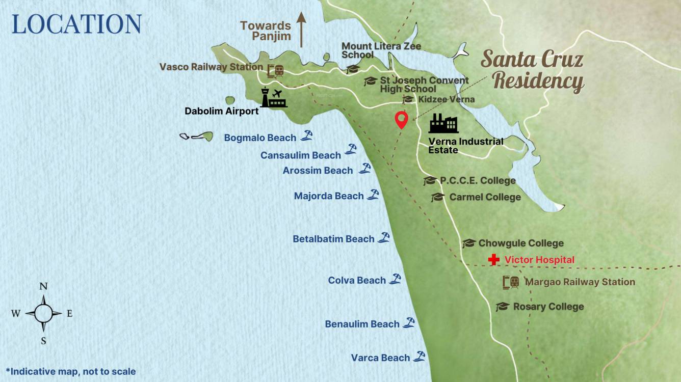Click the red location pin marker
pyautogui.click(x=402, y=120)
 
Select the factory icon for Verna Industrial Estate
pyautogui.click(x=443, y=124)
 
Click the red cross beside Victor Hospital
pyautogui.click(x=493, y=260)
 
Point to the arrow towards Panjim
pyautogui.click(x=301, y=30)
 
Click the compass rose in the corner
pyautogui.click(x=43, y=313)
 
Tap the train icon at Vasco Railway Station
pyautogui.click(x=276, y=70)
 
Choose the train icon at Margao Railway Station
pyautogui.click(x=511, y=282)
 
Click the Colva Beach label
pyautogui.click(x=357, y=280)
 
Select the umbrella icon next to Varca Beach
pyautogui.click(x=419, y=357)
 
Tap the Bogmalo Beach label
pyautogui.click(x=260, y=138)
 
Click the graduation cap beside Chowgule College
pyautogui.click(x=469, y=243)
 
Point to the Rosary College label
pyautogui.click(x=548, y=307)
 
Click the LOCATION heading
pyautogui.click(x=76, y=24)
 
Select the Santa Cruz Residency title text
pyautogui.click(x=533, y=70)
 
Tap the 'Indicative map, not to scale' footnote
pyautogui.click(x=71, y=371)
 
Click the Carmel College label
pyautogui.click(x=485, y=197)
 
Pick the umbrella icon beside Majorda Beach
pyautogui.click(x=373, y=194)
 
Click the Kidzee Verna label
pyautogui.click(x=446, y=99)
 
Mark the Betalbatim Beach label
pyautogui.click(x=333, y=239)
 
